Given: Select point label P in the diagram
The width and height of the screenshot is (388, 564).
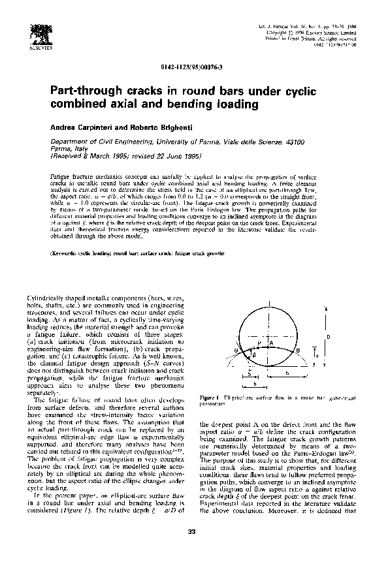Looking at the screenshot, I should click(x=260, y=343).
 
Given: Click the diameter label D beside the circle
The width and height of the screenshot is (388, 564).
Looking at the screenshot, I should click(x=328, y=336).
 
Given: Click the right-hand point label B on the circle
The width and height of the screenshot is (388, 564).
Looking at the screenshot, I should click(x=298, y=351).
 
